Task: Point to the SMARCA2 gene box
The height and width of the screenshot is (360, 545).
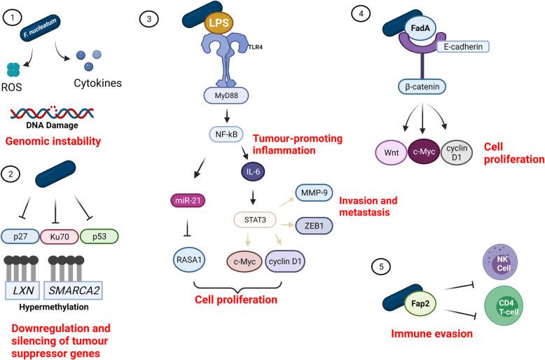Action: click(x=74, y=289)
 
